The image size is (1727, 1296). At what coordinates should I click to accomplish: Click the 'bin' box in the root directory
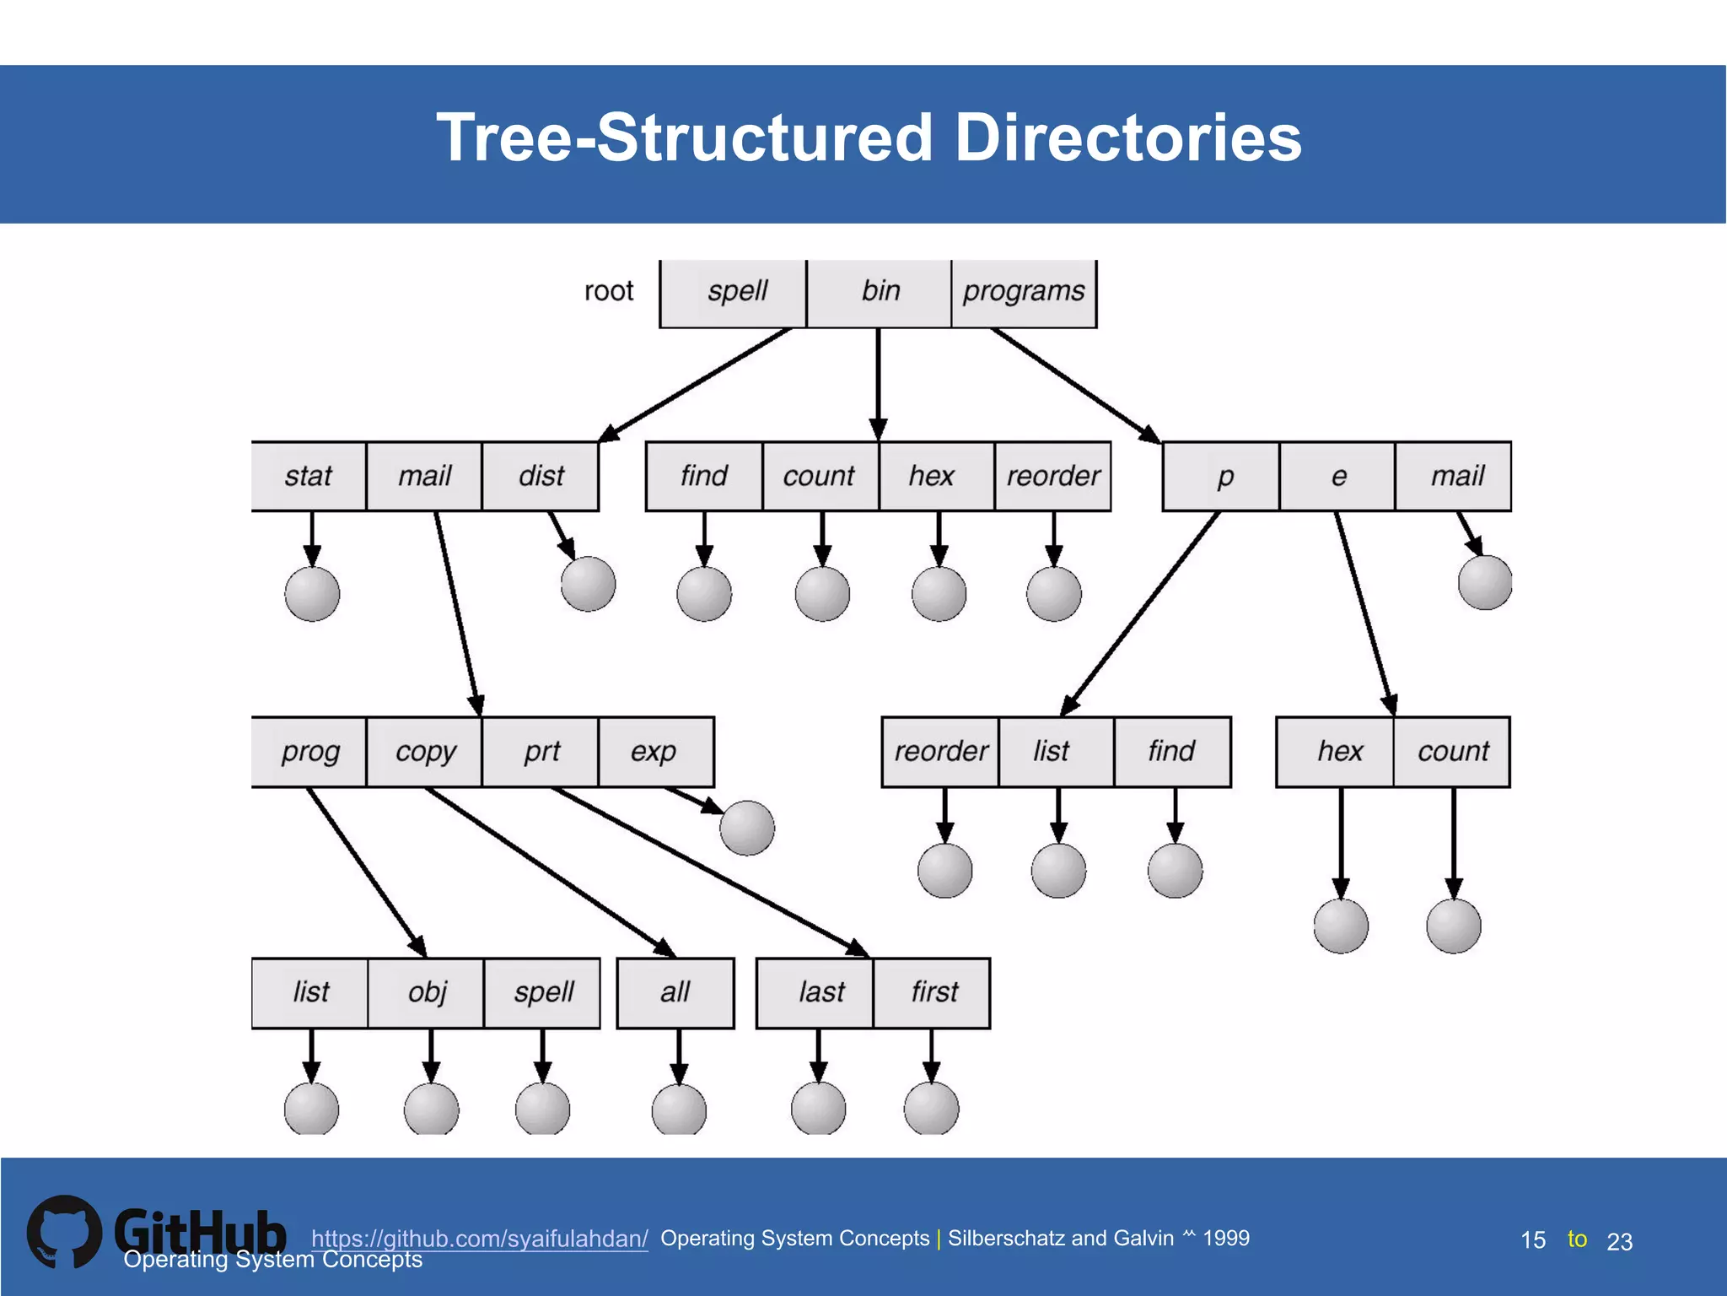coord(879,292)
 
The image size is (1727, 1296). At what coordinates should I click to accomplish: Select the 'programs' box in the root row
coord(1024,292)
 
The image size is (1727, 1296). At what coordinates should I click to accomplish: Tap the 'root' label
coord(608,291)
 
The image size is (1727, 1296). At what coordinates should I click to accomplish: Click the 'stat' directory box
coord(309,476)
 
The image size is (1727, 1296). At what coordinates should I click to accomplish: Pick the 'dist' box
coord(541,476)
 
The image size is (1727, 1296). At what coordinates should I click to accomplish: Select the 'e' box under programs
coord(1337,476)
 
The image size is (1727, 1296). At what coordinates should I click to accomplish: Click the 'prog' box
coord(309,751)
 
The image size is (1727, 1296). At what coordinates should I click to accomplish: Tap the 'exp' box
coord(655,751)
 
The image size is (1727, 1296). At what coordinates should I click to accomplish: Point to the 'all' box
coord(675,992)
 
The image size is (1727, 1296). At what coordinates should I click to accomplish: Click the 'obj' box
coord(427,992)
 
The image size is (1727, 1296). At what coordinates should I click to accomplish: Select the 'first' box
coord(933,992)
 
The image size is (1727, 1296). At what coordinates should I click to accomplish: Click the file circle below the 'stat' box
coord(312,594)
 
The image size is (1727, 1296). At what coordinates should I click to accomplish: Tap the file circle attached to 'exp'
coord(747,828)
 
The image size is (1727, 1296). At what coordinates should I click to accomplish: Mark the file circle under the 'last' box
coord(818,1109)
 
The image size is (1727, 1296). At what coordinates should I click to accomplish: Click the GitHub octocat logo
coord(64,1232)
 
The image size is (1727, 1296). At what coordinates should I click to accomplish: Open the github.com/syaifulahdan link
coord(479,1239)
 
